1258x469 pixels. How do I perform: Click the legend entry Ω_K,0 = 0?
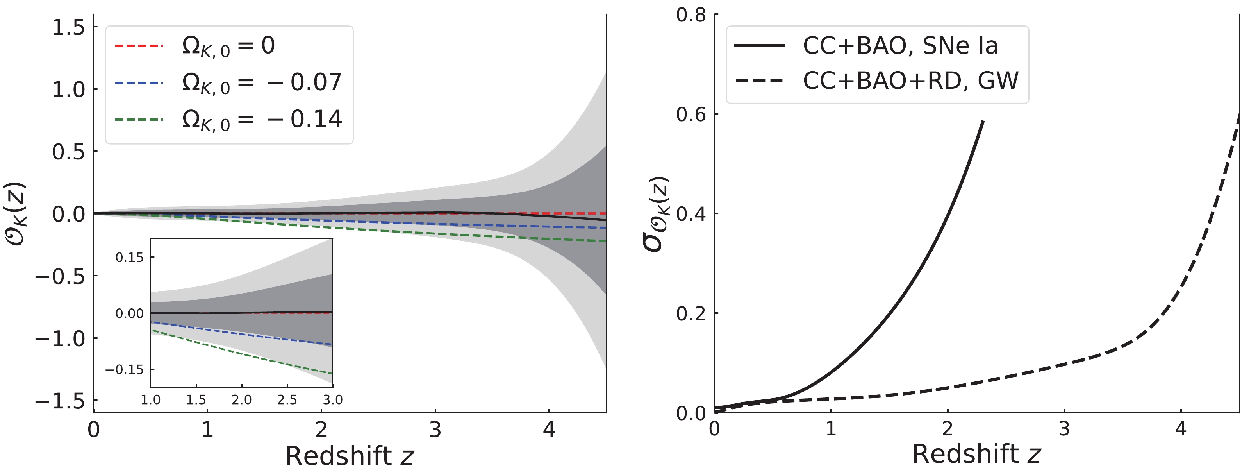coord(228,46)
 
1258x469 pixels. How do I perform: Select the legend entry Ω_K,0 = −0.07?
coord(261,82)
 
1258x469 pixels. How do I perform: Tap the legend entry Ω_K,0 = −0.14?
coord(261,120)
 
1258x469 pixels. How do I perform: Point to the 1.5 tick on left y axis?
coord(68,27)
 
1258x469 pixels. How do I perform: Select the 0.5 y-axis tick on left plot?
coord(68,152)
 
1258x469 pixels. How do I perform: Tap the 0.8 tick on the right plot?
coord(691,15)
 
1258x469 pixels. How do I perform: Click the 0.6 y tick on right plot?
coord(691,114)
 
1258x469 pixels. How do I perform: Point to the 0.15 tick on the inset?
coord(129,258)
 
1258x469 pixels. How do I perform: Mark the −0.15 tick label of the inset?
coord(125,369)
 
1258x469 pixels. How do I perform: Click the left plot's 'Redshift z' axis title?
coord(349,456)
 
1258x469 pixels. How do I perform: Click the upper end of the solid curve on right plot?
coord(983,121)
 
